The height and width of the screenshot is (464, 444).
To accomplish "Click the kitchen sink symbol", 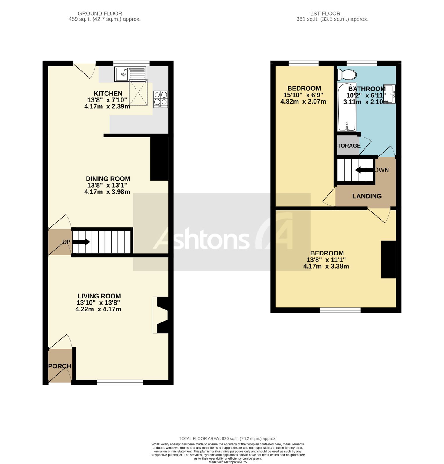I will (x=130, y=74).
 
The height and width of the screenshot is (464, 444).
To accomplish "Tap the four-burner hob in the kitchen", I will (x=161, y=99).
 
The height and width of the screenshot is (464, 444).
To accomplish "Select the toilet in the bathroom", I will (x=347, y=75).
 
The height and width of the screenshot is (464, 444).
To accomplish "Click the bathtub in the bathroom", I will (x=346, y=107).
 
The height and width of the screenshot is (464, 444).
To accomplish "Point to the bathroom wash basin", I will (x=390, y=94).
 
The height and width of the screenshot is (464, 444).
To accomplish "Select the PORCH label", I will (x=60, y=366).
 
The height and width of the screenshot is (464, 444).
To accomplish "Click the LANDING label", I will (x=367, y=196).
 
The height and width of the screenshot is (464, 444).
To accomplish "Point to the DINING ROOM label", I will (x=108, y=179).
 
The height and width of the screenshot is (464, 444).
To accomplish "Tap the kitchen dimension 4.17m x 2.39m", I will (x=107, y=106).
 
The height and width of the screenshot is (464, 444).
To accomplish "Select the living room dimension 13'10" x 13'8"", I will (x=98, y=302).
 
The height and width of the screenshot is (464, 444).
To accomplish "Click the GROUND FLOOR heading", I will (x=100, y=13).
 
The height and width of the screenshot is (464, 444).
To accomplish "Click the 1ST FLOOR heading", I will (x=325, y=13).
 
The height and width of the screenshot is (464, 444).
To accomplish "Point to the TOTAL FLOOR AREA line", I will (x=228, y=438).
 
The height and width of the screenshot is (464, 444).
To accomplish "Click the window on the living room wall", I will (x=120, y=383).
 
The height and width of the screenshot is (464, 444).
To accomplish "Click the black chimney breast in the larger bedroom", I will (x=388, y=260).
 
